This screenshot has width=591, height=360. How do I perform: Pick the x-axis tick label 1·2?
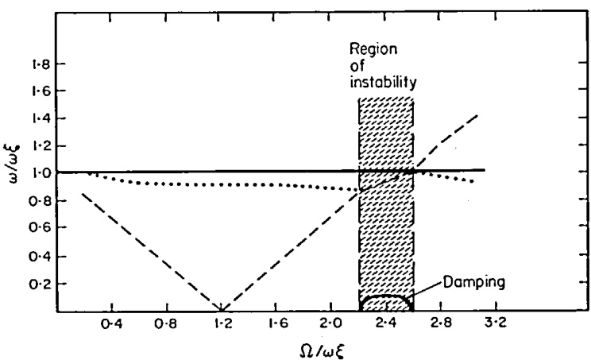click(222, 323)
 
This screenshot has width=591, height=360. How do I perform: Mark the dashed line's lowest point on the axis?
click(222, 310)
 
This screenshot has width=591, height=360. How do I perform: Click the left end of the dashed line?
click(83, 194)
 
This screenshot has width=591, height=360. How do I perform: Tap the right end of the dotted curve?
click(474, 182)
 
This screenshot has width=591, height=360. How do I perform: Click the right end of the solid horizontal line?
click(484, 170)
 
